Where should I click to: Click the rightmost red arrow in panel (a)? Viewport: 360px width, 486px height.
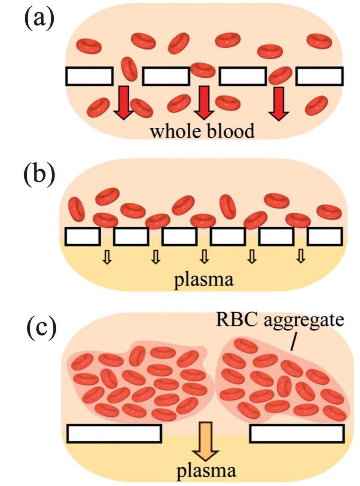[279, 103]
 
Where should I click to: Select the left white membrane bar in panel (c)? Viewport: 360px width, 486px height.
[114, 433]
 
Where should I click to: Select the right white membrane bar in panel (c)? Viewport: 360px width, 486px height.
[297, 433]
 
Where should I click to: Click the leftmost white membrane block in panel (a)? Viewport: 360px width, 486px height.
[89, 76]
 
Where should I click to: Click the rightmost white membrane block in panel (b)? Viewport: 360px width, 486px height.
[325, 236]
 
